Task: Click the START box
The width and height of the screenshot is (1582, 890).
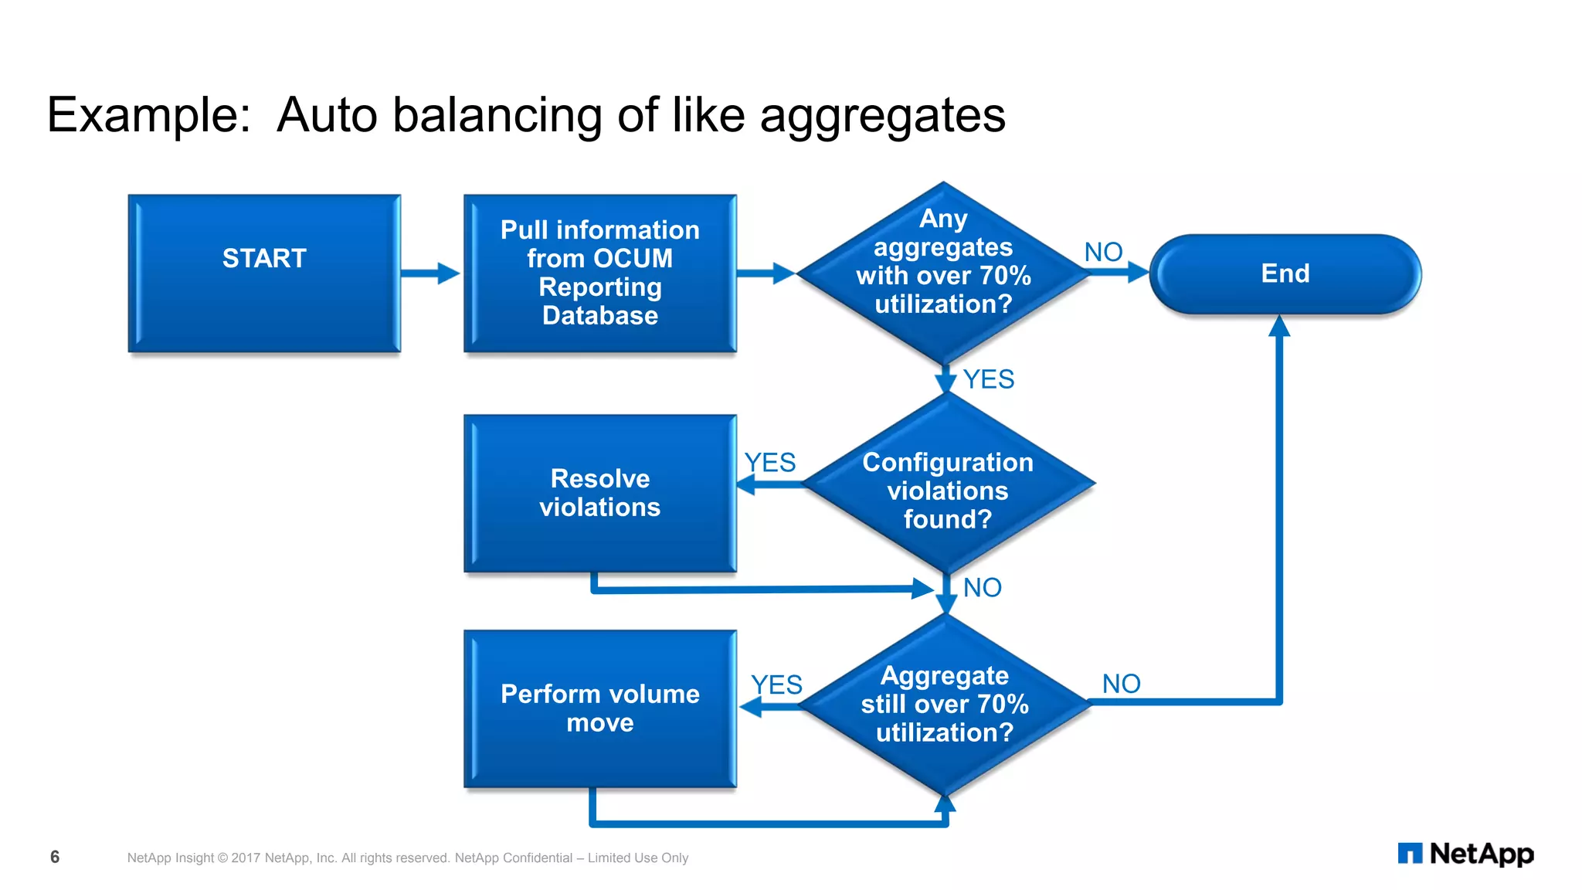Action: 264,273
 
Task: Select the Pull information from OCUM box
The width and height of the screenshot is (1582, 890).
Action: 599,273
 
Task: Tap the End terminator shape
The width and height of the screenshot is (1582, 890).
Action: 1285,273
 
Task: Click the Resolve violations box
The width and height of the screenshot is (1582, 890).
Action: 599,493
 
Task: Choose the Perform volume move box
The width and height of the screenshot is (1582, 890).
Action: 599,708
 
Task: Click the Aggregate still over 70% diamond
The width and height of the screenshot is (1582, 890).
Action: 945,704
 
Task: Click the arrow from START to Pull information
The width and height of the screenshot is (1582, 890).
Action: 430,273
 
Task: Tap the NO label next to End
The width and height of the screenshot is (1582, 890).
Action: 1103,252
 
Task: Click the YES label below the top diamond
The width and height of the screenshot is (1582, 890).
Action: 988,379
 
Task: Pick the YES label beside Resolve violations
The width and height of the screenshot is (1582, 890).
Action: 769,462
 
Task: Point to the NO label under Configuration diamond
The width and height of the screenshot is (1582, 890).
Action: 982,588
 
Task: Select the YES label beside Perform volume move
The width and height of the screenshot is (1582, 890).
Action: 776,684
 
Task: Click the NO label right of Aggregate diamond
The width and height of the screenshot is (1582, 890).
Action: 1121,684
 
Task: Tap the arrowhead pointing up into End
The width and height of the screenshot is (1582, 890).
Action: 1279,327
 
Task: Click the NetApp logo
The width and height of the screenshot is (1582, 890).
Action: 1465,854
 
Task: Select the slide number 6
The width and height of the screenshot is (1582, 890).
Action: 55,857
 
